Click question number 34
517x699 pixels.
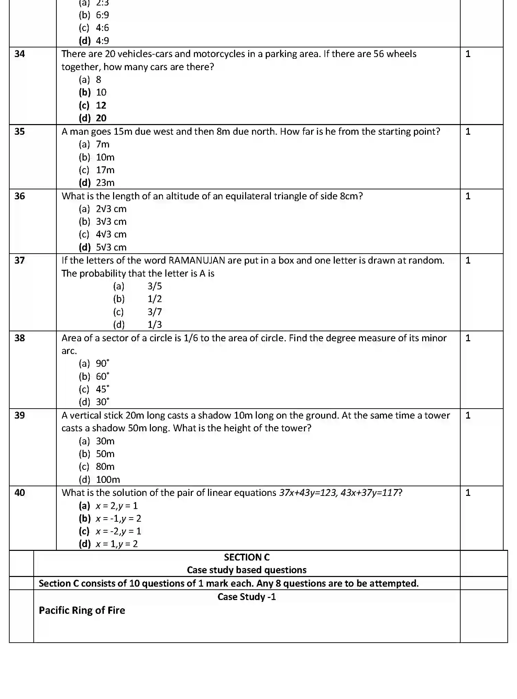point(20,54)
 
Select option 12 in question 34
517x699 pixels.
point(101,106)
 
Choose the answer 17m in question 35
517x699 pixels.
point(105,170)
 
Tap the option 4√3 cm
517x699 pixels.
point(111,234)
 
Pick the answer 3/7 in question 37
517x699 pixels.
point(154,312)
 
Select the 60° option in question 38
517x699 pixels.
point(102,377)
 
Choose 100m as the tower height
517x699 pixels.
point(108,480)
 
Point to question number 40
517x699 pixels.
point(20,493)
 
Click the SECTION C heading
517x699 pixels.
point(246,557)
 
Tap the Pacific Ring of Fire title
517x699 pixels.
point(82,610)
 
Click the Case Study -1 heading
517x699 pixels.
point(246,597)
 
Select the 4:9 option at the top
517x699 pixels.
point(102,41)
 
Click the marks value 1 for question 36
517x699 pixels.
point(467,196)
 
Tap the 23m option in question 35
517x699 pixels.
point(105,183)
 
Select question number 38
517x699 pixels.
point(20,338)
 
